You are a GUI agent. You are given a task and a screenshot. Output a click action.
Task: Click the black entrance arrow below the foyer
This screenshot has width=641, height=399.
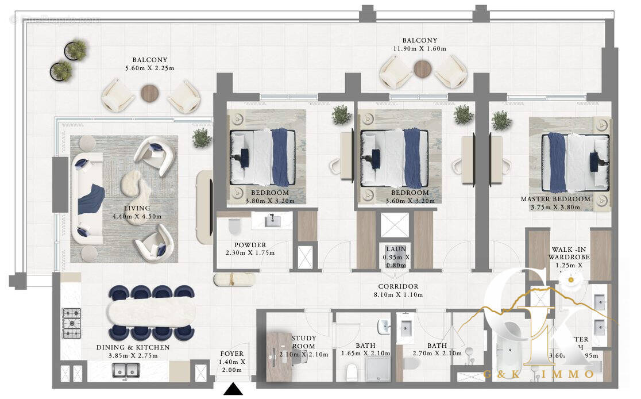click(x=233, y=390)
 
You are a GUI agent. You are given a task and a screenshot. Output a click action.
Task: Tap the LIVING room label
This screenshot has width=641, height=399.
click(x=137, y=208)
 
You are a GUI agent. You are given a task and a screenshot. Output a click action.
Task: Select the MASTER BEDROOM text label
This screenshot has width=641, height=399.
click(x=555, y=199)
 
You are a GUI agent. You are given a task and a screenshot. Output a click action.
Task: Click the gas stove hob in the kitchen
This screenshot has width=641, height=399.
click(x=72, y=323)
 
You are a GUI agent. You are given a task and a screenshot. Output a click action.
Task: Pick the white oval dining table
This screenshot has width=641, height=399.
click(x=152, y=313)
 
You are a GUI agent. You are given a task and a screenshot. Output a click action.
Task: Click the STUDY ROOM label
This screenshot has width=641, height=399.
click(x=303, y=343)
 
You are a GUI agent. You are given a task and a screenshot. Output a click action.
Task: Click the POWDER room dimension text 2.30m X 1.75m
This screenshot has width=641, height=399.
click(x=250, y=253)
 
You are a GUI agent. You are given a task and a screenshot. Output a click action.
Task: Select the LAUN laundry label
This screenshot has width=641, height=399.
click(x=396, y=249)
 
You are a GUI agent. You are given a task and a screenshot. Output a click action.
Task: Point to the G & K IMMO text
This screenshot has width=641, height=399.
click(x=539, y=374)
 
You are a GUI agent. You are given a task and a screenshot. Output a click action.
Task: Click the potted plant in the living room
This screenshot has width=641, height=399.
click(x=202, y=137)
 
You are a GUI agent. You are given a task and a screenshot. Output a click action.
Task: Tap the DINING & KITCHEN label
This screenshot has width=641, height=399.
click(x=133, y=347)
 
